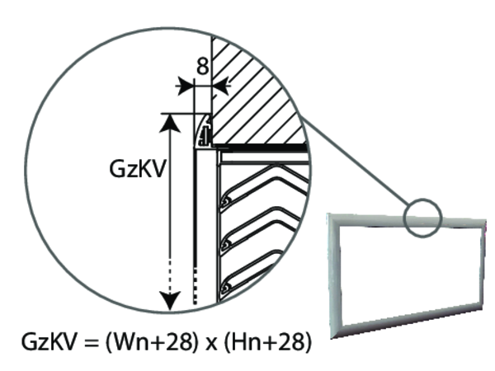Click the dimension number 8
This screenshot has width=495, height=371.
pyautogui.click(x=203, y=67)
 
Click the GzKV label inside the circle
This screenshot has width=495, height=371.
pyautogui.click(x=137, y=169)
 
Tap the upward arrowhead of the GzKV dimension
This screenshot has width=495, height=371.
pyautogui.click(x=171, y=124)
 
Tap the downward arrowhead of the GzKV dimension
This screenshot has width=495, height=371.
pyautogui.click(x=171, y=301)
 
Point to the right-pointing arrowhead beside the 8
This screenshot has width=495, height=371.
pyautogui.click(x=185, y=86)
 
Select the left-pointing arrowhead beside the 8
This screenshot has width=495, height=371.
pyautogui.click(x=221, y=86)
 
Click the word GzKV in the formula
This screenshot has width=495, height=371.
pyautogui.click(x=49, y=341)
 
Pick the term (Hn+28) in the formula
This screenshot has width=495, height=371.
pyautogui.click(x=267, y=342)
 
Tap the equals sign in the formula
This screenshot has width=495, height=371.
pyautogui.click(x=92, y=343)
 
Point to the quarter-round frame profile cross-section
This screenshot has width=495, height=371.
pyautogui.click(x=203, y=131)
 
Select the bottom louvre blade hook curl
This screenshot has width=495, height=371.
pyautogui.click(x=226, y=288)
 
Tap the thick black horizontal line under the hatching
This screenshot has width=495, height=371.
pyautogui.click(x=259, y=148)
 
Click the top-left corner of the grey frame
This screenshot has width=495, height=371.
pyautogui.click(x=328, y=214)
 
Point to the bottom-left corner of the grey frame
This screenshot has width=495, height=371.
pyautogui.click(x=332, y=338)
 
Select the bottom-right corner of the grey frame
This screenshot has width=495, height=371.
pyautogui.click(x=483, y=308)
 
